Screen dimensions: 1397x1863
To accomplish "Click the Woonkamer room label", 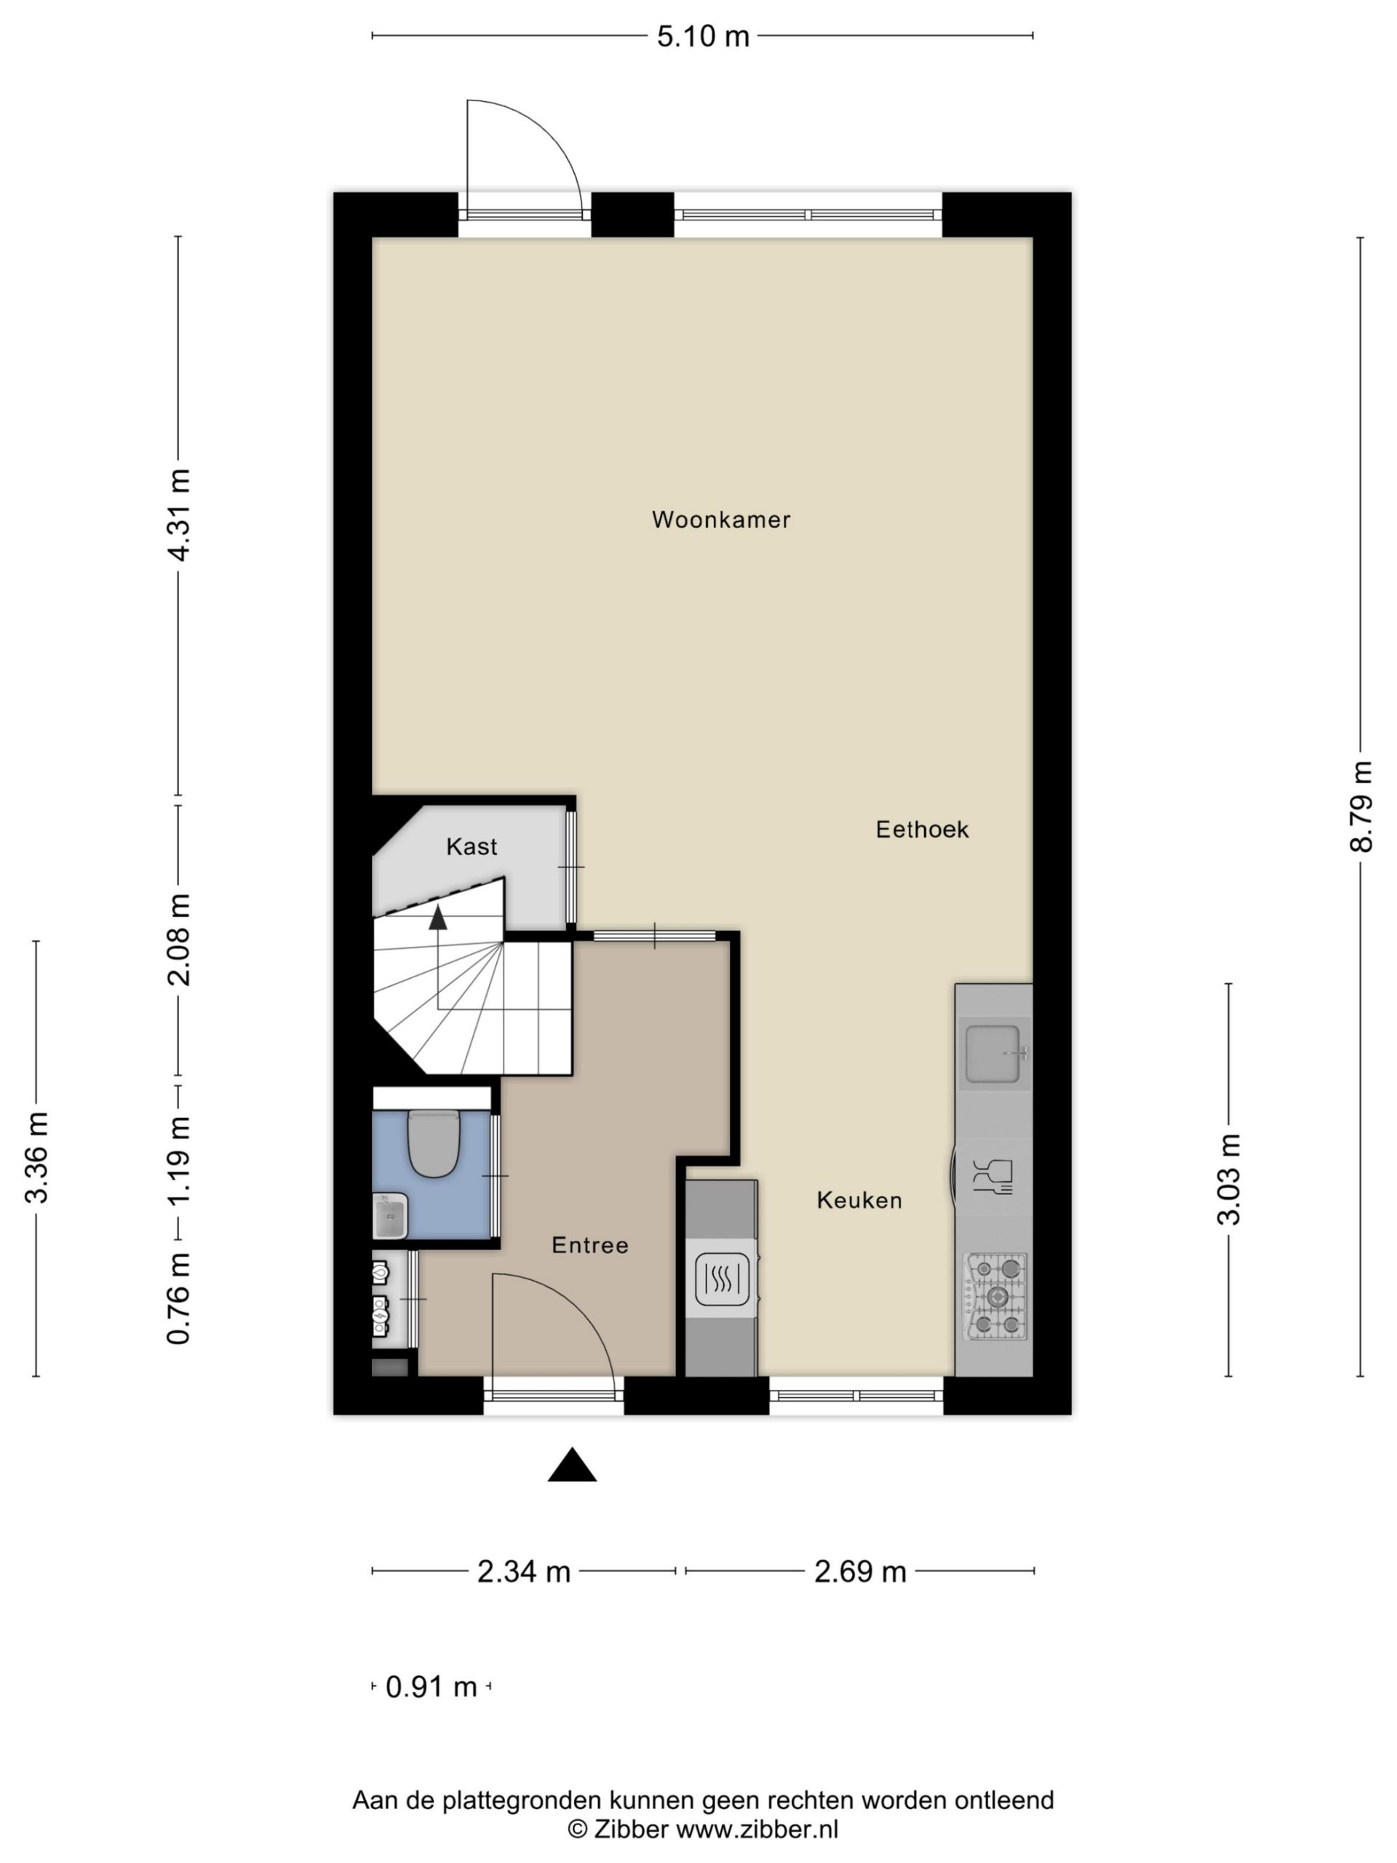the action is [x=721, y=520].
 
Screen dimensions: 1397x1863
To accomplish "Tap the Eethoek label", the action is [x=922, y=830].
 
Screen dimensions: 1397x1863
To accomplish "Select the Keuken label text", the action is [x=859, y=1200].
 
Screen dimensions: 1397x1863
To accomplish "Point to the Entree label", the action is [x=589, y=1245].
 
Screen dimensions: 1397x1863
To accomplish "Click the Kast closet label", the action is [x=471, y=846].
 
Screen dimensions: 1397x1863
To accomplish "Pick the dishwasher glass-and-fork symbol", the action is [x=992, y=1177].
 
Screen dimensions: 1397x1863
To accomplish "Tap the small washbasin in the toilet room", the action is [x=391, y=1216].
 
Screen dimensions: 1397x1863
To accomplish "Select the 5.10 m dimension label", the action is [x=703, y=36].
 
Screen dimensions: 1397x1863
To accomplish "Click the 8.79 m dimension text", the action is [x=1361, y=807].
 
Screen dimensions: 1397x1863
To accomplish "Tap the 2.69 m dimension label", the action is [x=860, y=1573].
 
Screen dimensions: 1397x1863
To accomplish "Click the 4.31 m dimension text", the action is [x=180, y=515].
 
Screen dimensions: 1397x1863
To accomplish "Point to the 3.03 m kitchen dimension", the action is [x=1229, y=1179].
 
